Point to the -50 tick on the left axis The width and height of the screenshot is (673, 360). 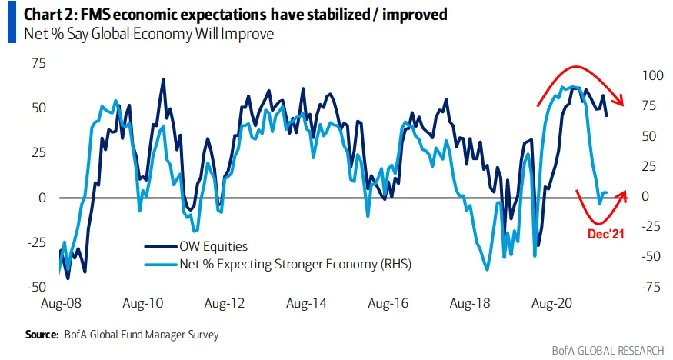tap(34, 287)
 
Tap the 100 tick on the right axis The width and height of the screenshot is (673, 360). tap(651, 75)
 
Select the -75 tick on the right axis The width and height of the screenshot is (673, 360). tap(650, 287)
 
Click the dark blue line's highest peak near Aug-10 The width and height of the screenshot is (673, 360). tap(163, 78)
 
